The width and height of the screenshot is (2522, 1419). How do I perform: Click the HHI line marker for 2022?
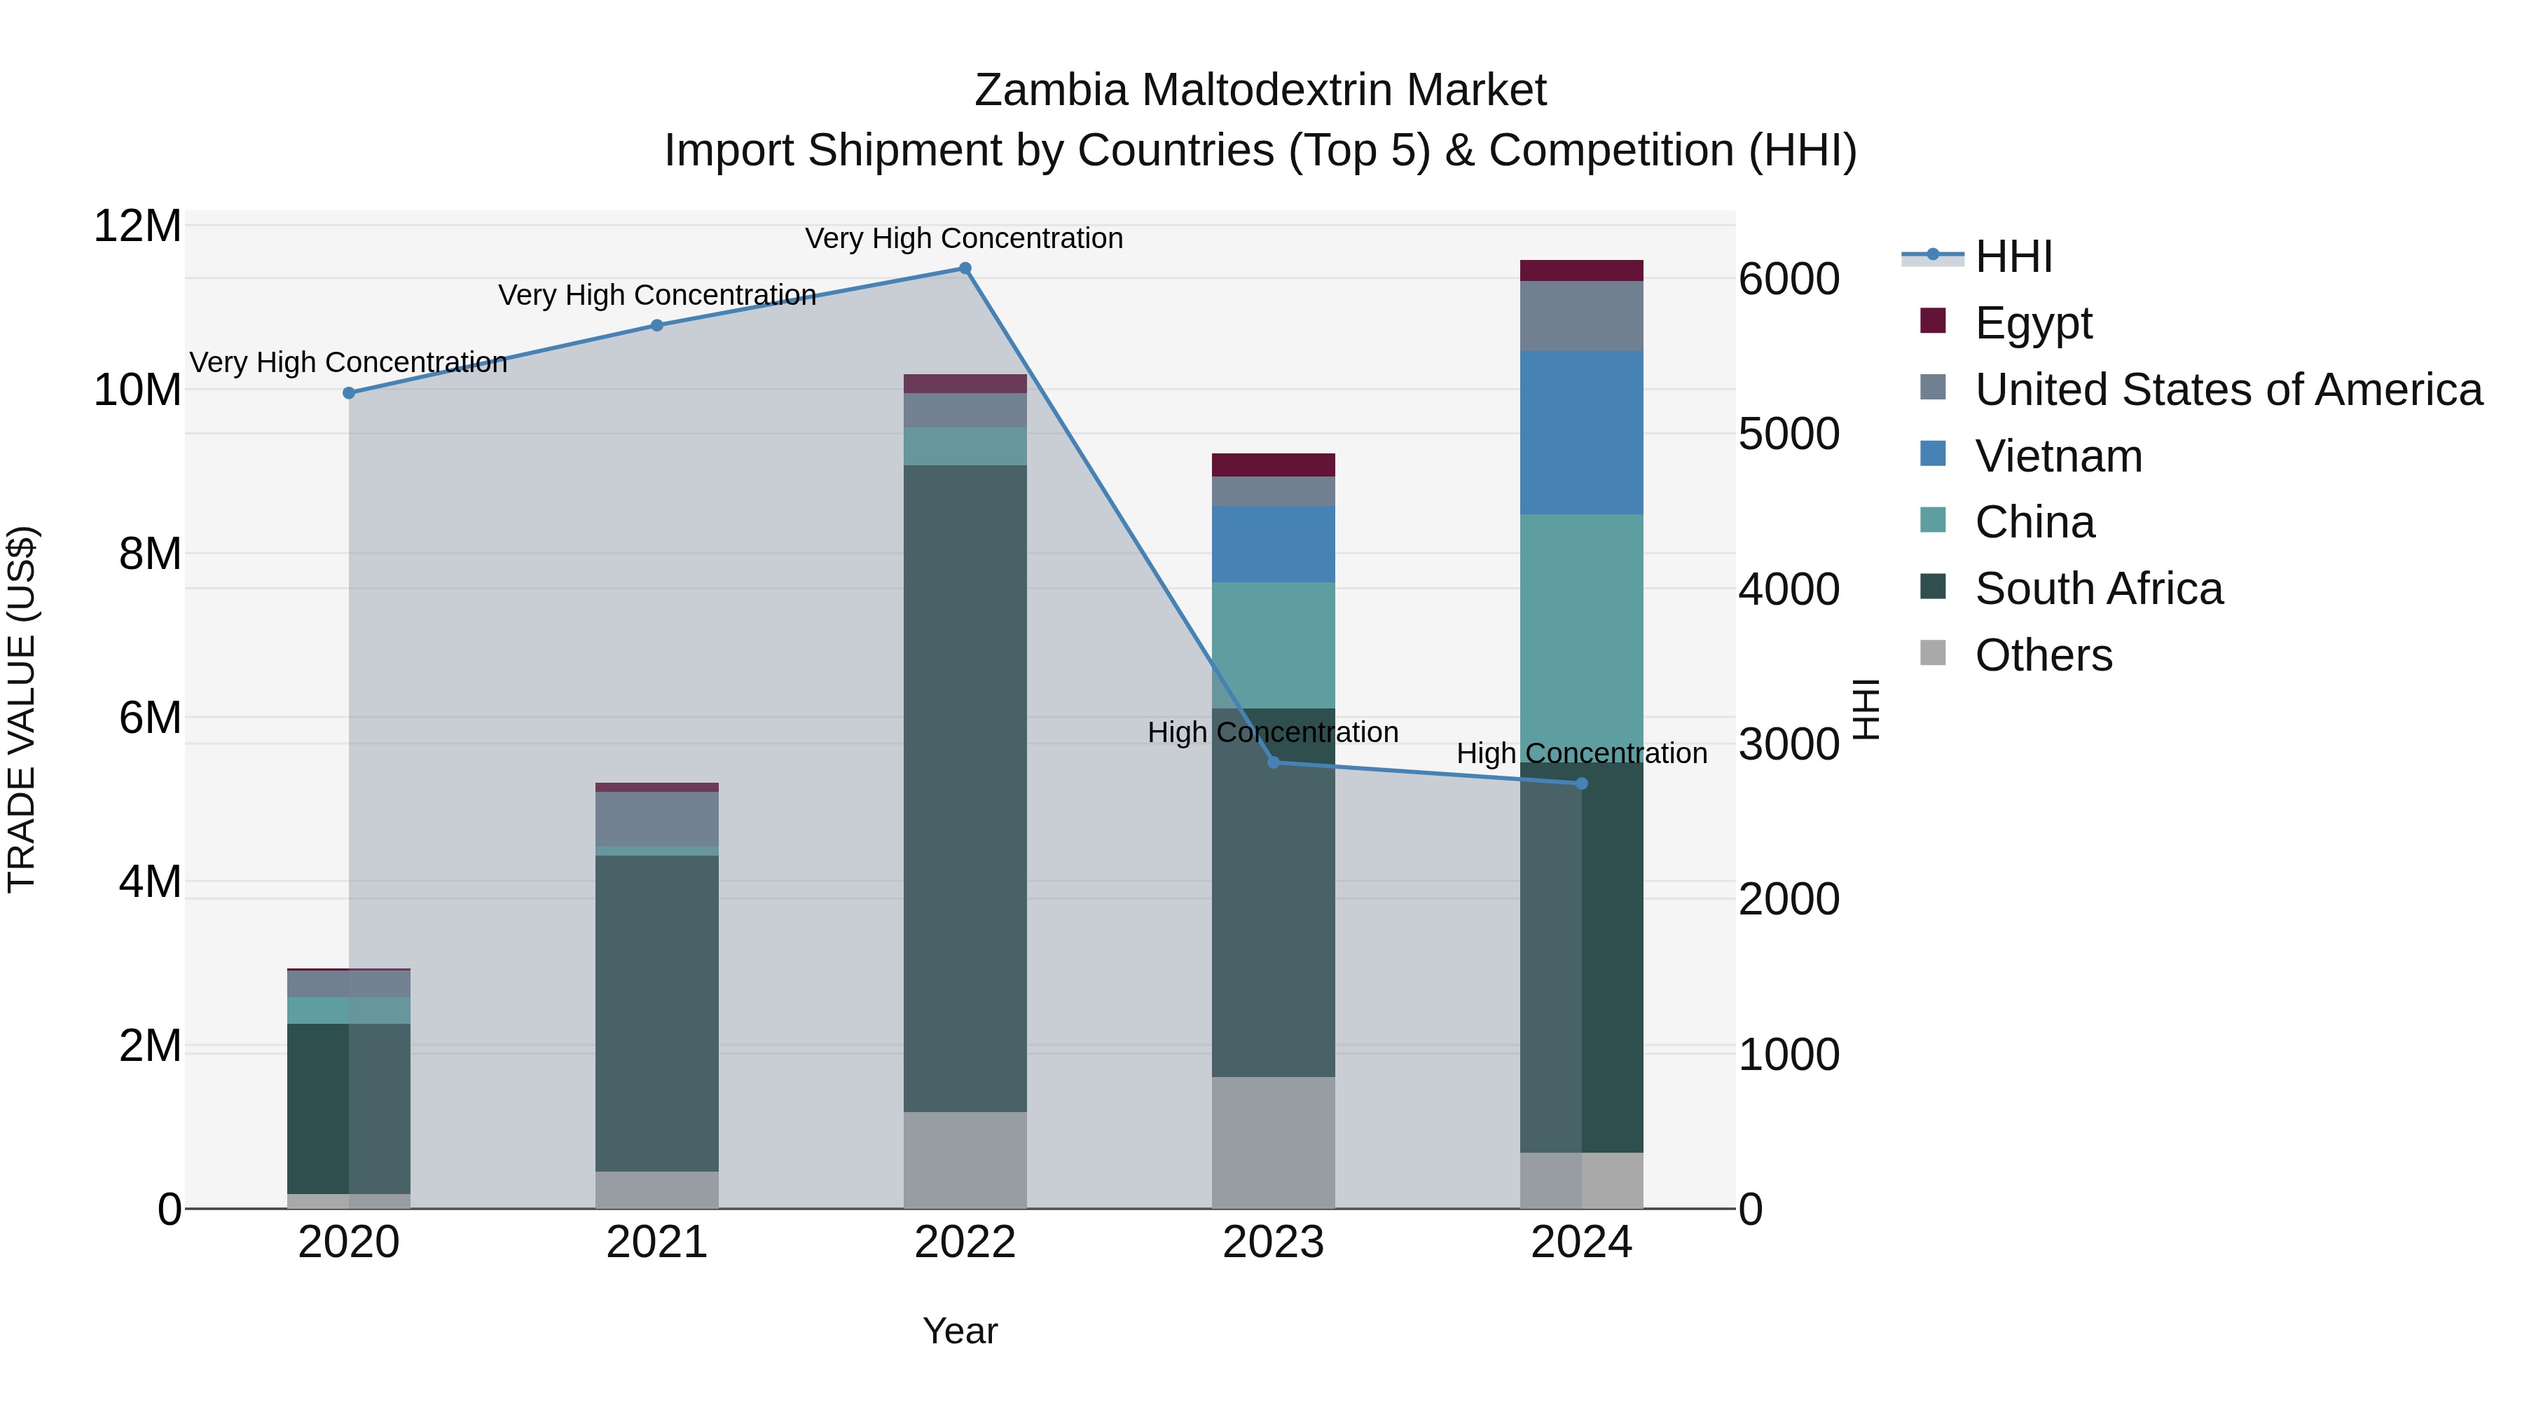[965, 268]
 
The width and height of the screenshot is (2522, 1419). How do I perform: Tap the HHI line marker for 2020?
[349, 392]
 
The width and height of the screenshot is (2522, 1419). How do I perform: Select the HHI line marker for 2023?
[1273, 762]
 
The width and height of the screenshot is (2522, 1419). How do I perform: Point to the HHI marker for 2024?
[1581, 783]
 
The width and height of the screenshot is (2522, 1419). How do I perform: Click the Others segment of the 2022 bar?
[965, 1160]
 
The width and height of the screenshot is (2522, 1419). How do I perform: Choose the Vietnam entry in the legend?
[2058, 456]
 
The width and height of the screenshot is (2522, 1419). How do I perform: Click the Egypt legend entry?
[2032, 323]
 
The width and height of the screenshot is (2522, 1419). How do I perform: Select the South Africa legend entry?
[2098, 589]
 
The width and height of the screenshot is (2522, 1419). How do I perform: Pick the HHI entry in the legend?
[2013, 256]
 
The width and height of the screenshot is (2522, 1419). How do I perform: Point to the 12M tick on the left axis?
[137, 226]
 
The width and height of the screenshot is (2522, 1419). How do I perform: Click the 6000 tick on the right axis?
[1789, 279]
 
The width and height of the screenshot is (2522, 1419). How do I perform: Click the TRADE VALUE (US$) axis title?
[22, 709]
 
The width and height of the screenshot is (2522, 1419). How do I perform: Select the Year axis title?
[960, 1331]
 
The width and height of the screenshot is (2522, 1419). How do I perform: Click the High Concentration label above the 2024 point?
[1581, 753]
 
